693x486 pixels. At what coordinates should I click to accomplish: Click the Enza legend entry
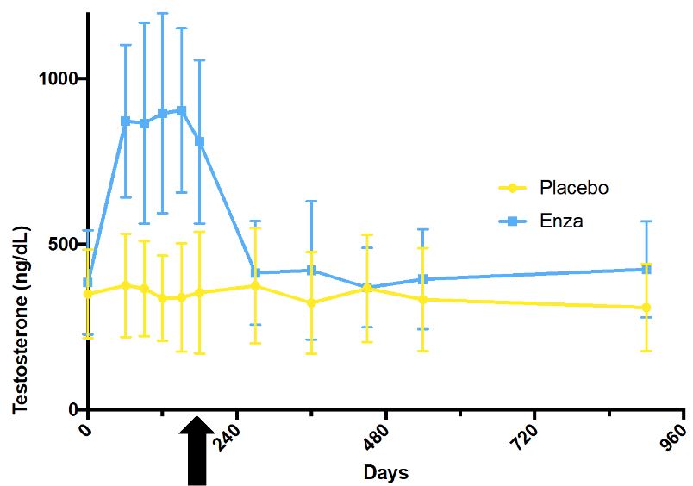542,221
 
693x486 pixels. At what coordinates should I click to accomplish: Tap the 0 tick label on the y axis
74,409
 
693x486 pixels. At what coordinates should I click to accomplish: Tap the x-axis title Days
385,472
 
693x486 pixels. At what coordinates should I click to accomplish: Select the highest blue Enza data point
181,110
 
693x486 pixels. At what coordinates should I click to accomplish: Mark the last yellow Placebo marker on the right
646,308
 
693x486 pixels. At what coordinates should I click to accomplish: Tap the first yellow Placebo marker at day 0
88,294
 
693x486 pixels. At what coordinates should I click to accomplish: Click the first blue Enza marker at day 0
88,282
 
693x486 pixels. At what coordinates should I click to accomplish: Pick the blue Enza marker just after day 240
255,272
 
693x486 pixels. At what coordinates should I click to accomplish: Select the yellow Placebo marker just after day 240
255,285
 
